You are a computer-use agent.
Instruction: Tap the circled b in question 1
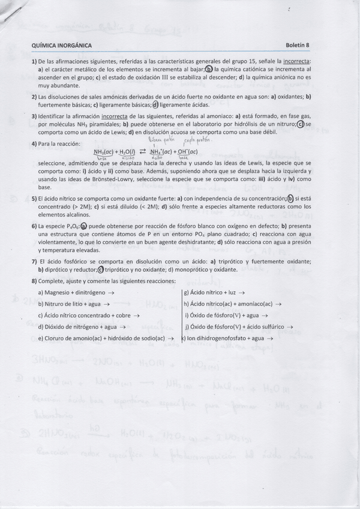pyautogui.click(x=209, y=69)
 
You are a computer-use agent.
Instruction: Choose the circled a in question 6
pyautogui.click(x=83, y=226)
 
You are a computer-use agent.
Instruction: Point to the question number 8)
pyautogui.click(x=35, y=281)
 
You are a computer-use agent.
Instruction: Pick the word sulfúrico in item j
pyautogui.click(x=271, y=327)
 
